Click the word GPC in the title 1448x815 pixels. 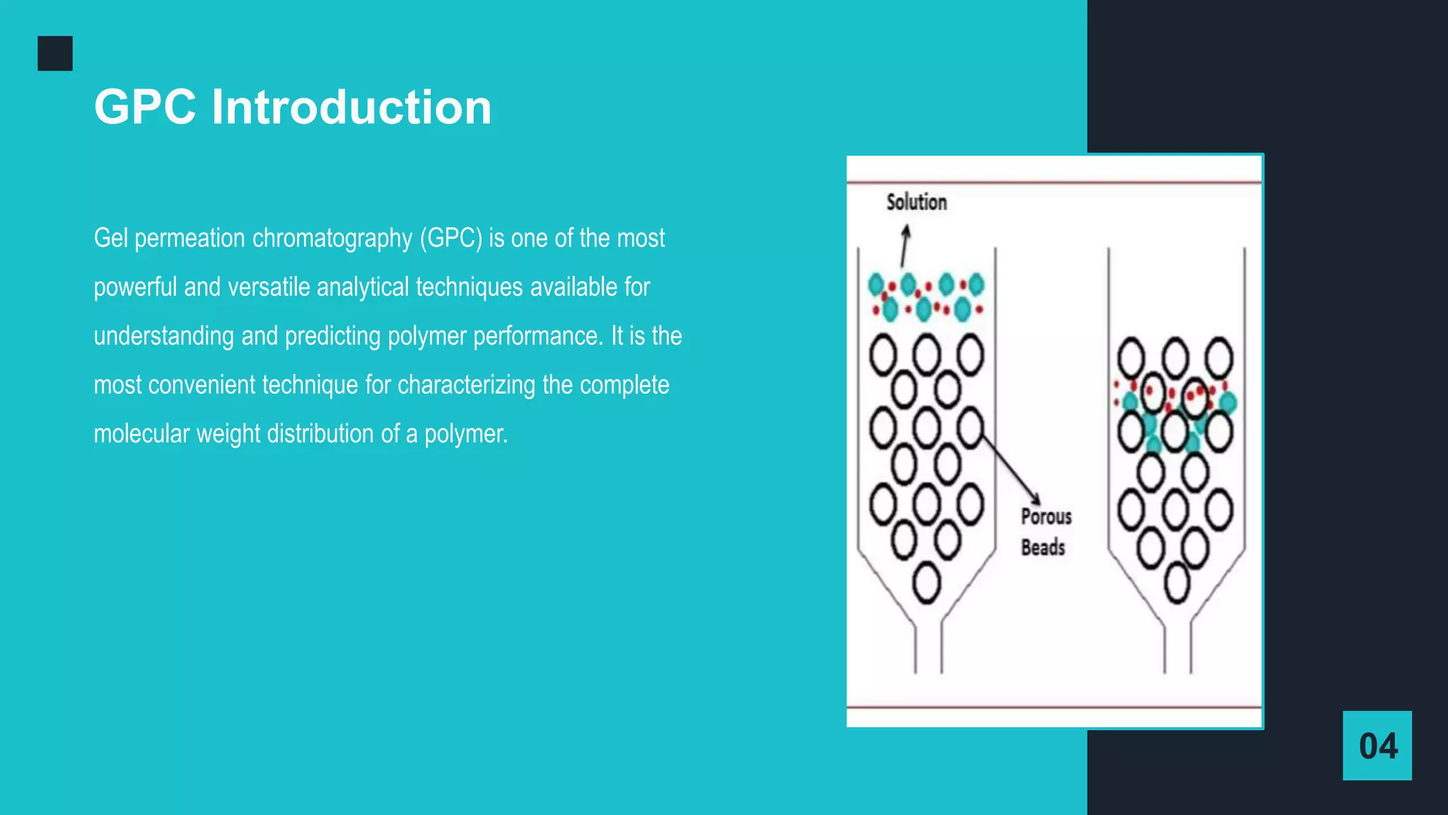point(145,108)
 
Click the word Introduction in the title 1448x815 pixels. point(351,108)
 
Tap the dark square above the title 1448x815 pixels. point(55,54)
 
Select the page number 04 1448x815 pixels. point(1378,746)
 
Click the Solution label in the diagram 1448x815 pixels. point(916,202)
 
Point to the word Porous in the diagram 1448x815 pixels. point(1046,516)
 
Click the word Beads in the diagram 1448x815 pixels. point(1043,547)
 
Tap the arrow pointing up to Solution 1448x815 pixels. point(904,245)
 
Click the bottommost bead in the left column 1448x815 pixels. point(926,584)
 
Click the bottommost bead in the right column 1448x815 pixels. point(1176,584)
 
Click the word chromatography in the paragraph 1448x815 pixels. point(332,238)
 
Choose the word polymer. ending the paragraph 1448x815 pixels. point(466,434)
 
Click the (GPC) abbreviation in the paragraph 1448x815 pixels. point(451,238)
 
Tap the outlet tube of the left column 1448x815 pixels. point(928,647)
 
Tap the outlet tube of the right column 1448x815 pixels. point(1178,647)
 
